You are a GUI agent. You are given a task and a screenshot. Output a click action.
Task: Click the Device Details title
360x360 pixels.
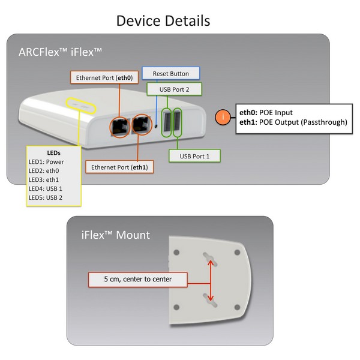click(163, 20)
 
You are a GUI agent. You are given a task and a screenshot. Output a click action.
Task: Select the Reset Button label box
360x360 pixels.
click(170, 74)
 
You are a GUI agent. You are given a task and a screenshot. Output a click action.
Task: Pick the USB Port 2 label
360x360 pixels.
click(174, 89)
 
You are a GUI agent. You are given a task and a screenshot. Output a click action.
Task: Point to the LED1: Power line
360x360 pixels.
click(46, 162)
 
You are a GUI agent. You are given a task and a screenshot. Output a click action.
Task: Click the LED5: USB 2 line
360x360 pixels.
click(46, 197)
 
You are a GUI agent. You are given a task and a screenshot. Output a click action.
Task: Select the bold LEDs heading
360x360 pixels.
click(53, 153)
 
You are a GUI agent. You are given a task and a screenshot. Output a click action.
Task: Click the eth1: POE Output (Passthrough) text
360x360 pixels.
click(293, 122)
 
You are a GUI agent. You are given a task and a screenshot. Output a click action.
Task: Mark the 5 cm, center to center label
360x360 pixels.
click(137, 279)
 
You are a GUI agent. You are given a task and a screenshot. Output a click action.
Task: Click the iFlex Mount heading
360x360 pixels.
click(116, 235)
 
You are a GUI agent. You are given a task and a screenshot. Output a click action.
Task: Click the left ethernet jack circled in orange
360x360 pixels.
click(118, 126)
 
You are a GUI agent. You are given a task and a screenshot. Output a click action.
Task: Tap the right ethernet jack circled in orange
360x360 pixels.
click(142, 125)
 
